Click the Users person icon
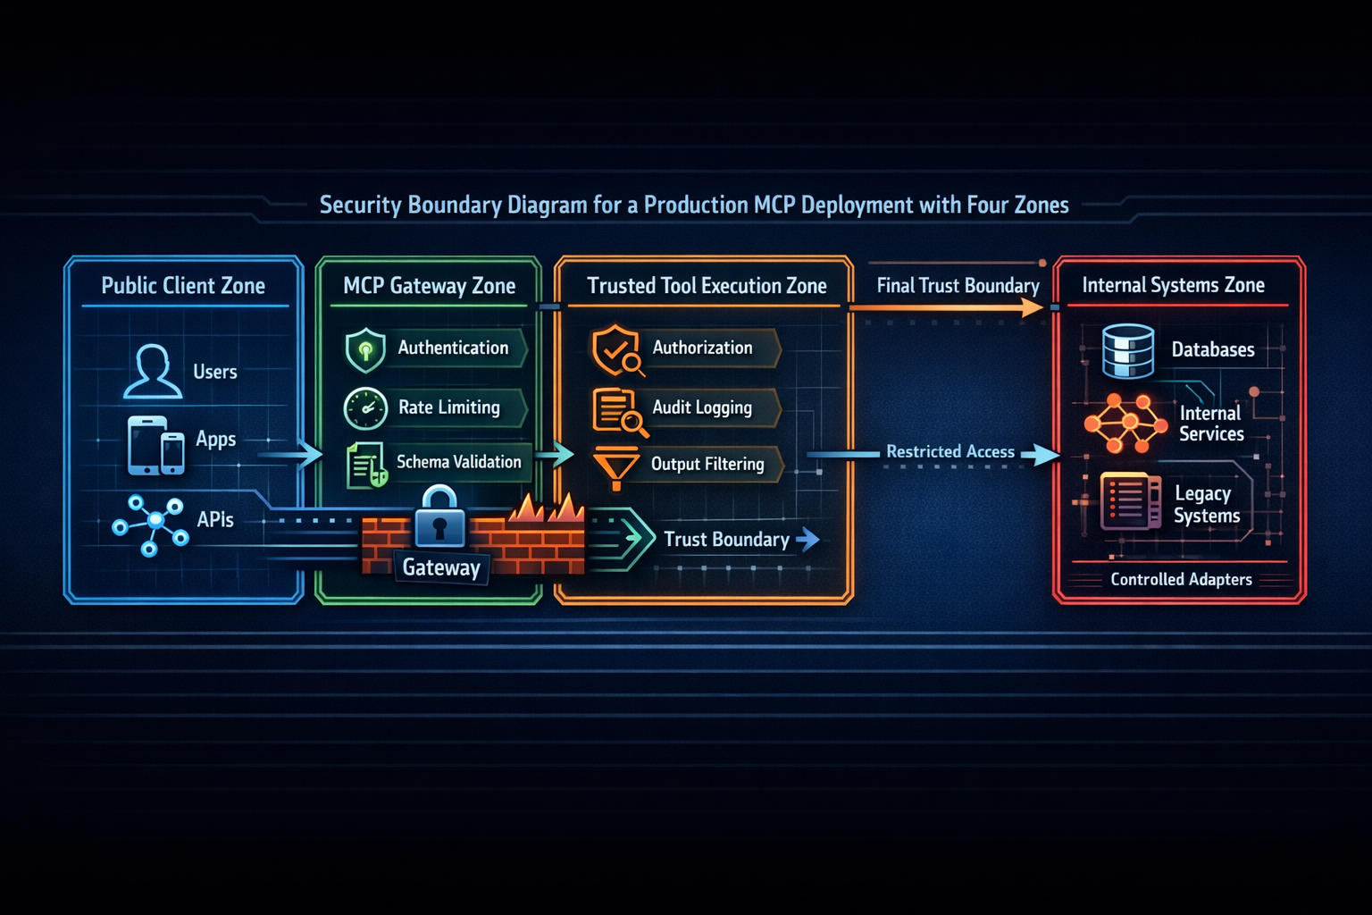[x=153, y=371]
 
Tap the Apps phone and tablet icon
[x=156, y=445]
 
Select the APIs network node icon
[x=151, y=525]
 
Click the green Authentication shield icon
[x=365, y=349]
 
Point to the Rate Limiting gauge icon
[x=365, y=409]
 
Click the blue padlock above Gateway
[x=439, y=517]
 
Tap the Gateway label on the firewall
[x=441, y=567]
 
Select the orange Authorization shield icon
[x=616, y=349]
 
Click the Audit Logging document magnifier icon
[x=618, y=411]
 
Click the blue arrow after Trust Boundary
[x=807, y=539]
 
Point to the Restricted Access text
[x=950, y=452]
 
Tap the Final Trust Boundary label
[x=958, y=286]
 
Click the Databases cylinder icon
[x=1128, y=351]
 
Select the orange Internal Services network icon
[x=1125, y=423]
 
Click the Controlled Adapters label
[x=1181, y=580]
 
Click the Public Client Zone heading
[x=183, y=286]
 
